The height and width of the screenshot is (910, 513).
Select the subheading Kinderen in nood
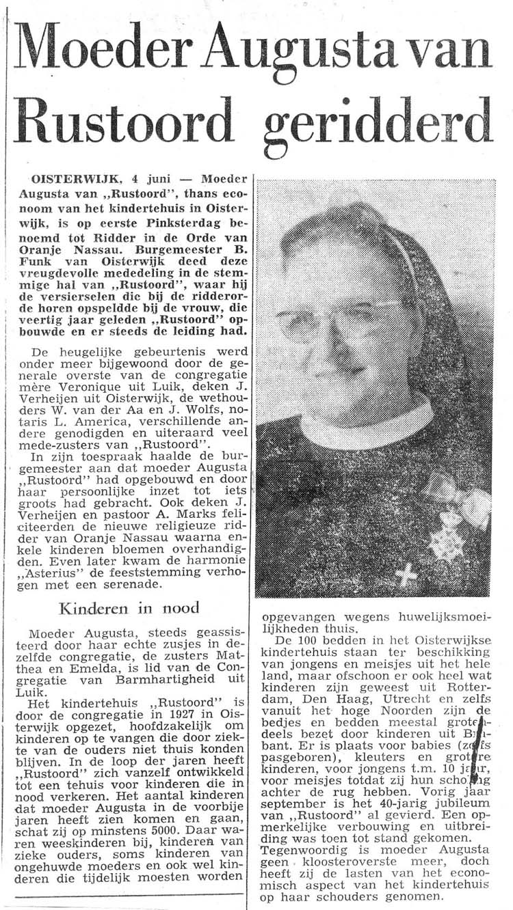129,607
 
